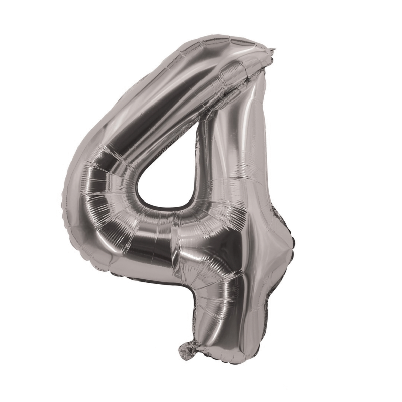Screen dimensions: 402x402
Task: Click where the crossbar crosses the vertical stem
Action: coord(241,241)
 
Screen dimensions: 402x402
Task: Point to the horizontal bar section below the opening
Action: coord(161,236)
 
